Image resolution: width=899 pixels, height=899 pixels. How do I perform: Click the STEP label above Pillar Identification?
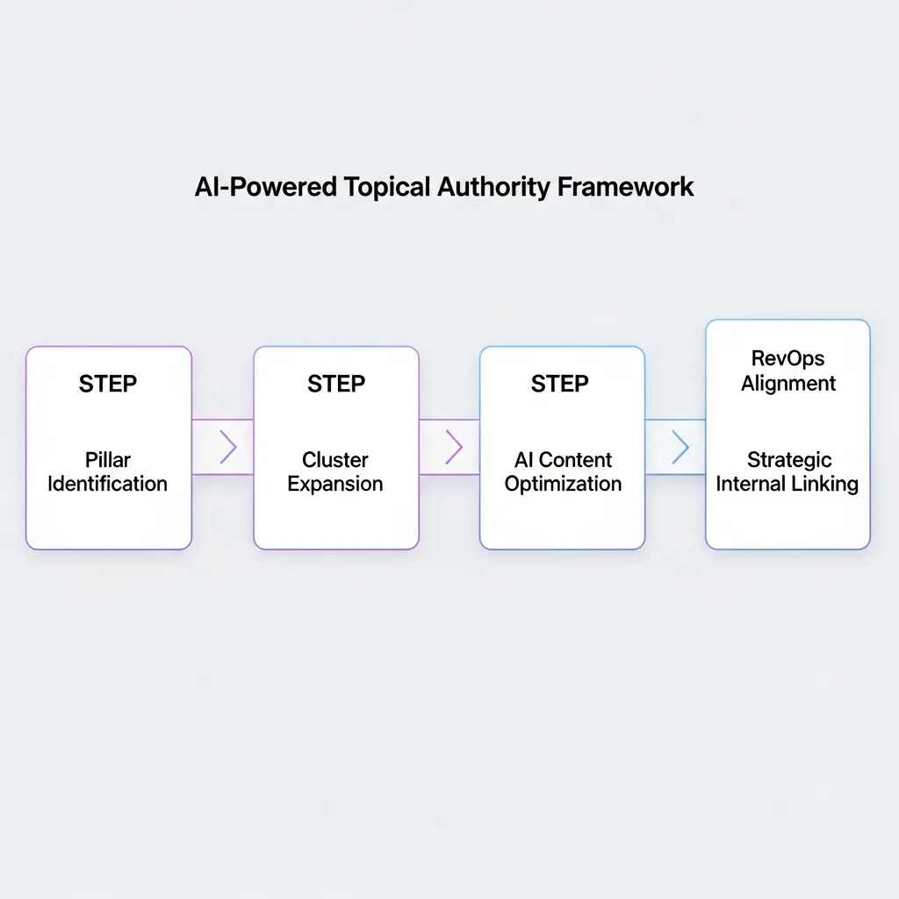click(108, 385)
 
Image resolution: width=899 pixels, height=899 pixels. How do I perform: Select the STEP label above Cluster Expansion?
click(336, 385)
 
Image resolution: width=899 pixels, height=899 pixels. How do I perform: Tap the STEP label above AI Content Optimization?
click(560, 385)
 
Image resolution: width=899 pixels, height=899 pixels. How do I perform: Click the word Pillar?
click(108, 460)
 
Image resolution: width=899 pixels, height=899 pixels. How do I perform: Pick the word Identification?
click(108, 484)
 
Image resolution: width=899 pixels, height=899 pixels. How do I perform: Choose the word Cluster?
click(335, 460)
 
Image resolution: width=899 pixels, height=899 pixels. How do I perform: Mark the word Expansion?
click(335, 484)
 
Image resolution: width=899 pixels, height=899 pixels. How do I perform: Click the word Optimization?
click(563, 484)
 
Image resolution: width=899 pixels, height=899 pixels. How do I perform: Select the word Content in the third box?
click(576, 460)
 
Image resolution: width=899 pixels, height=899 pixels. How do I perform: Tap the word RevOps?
click(788, 359)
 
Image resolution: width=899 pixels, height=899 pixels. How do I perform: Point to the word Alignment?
click(788, 384)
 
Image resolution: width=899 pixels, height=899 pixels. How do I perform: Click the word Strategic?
click(789, 460)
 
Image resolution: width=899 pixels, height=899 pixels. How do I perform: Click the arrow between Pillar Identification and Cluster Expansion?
click(228, 448)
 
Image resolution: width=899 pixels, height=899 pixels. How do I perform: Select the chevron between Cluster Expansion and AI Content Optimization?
click(454, 448)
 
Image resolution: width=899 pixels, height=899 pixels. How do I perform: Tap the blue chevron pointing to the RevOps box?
click(680, 448)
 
